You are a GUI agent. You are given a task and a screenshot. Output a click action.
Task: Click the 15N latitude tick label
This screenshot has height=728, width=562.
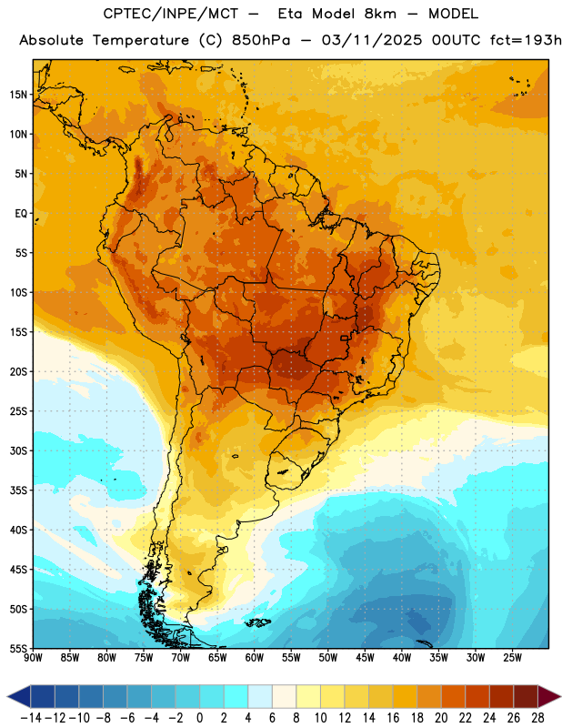18,95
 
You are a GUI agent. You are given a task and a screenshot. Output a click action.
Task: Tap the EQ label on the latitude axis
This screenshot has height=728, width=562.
21,214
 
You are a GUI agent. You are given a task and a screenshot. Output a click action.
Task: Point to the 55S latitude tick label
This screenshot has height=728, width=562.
18,648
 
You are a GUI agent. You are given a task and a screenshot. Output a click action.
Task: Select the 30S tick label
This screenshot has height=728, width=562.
18,450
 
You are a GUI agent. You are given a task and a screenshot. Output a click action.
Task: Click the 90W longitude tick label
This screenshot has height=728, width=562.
33,657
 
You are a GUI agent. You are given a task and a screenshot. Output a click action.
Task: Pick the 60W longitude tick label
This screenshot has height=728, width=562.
255,657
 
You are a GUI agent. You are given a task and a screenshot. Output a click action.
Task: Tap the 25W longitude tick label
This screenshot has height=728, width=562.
512,657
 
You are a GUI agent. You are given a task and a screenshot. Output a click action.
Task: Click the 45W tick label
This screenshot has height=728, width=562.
365,657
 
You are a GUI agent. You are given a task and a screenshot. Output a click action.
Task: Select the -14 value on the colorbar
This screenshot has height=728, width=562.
31,718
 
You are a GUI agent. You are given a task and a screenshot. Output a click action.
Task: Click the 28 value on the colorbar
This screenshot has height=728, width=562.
537,718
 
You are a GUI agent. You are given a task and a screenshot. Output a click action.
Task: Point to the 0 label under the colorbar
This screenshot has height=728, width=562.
199,718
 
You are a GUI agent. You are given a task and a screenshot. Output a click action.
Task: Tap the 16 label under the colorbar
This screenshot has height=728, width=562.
393,718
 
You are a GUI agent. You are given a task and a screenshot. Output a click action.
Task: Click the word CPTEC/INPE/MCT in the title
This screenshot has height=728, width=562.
171,14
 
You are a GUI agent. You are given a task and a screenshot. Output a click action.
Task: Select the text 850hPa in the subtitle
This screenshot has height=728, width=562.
261,40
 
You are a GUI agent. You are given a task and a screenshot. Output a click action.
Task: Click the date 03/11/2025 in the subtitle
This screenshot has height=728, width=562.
372,40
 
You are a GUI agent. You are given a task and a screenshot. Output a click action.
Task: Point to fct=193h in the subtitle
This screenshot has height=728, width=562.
526,40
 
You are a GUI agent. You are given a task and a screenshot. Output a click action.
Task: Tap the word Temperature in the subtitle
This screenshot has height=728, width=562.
141,40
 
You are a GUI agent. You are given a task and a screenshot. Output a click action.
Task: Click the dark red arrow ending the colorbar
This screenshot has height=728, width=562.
549,696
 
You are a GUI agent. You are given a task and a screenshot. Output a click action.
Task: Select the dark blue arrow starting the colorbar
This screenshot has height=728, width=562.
19,696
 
